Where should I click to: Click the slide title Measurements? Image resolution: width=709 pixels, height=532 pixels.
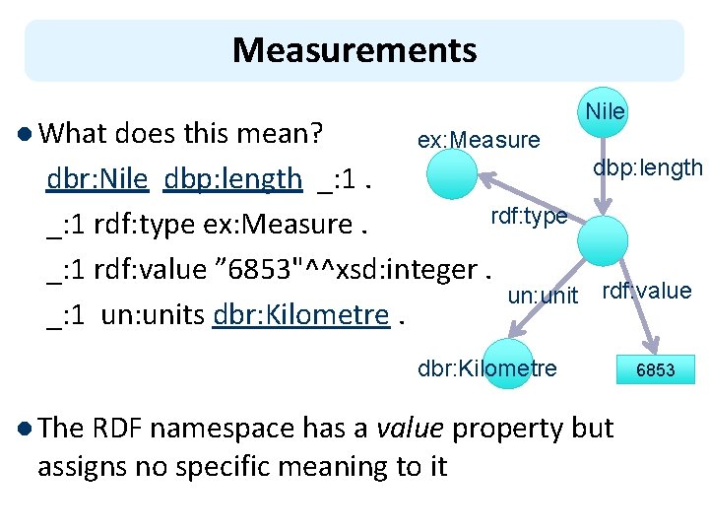pos(354,49)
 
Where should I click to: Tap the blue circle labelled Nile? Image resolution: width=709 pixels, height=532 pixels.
pos(605,111)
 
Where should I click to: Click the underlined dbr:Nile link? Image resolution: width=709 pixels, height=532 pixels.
pos(97,178)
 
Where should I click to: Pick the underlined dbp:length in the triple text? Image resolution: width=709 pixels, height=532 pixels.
pos(233,178)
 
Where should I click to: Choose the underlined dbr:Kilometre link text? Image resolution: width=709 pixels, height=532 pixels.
pos(300,315)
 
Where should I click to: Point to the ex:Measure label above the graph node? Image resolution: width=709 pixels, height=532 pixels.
pos(479,141)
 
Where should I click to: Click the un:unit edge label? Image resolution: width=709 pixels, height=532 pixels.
pos(543,295)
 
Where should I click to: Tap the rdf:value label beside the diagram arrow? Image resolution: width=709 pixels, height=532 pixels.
pos(646,291)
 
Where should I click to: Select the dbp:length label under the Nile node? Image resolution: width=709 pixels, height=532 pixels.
pos(647,168)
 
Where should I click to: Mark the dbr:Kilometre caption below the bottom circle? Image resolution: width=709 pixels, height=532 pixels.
pos(486,368)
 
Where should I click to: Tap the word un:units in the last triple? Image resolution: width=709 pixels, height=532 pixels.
pos(153,315)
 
